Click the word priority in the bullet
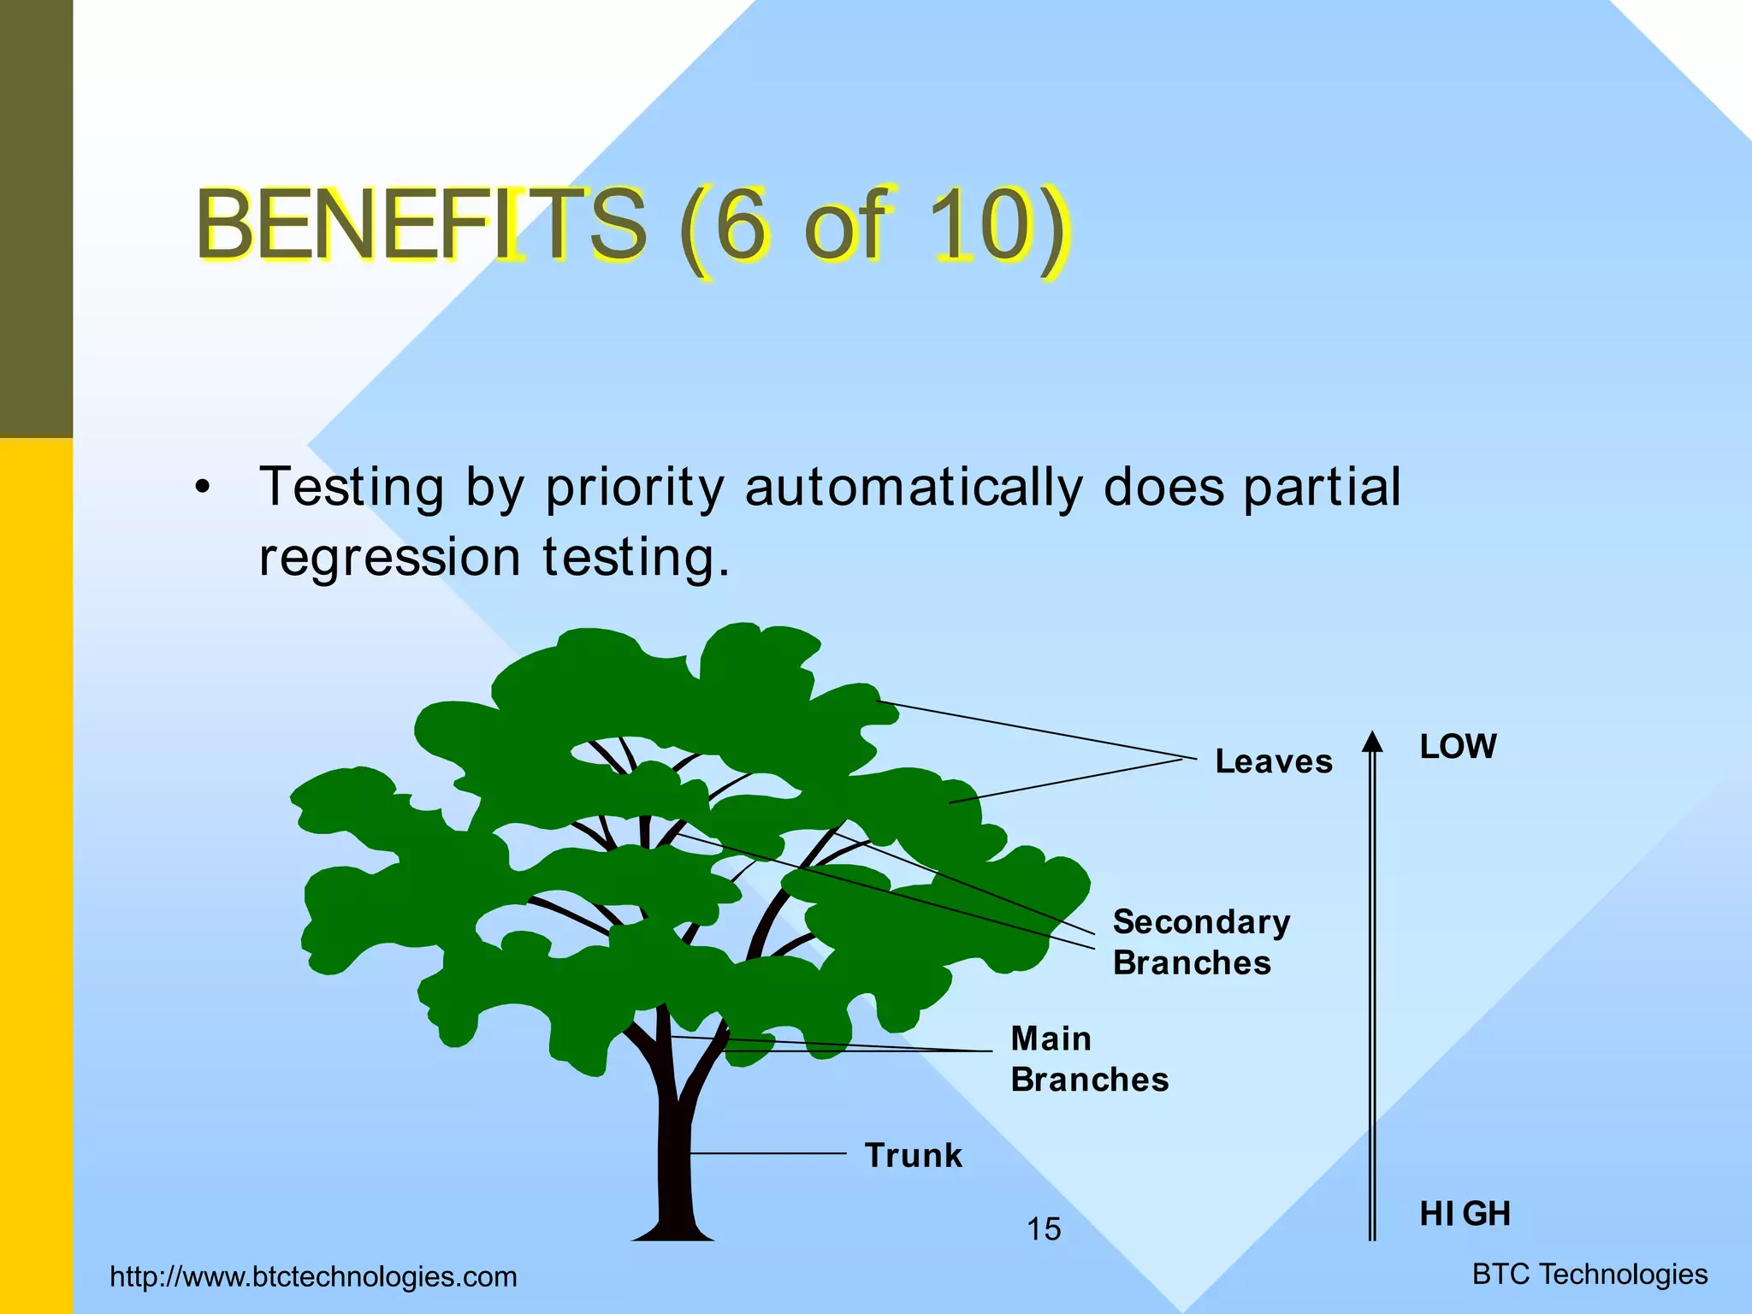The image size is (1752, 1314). (x=635, y=488)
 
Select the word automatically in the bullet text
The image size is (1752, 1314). (x=914, y=488)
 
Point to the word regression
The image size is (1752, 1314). (x=389, y=558)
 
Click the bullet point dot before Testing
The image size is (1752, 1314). (x=202, y=488)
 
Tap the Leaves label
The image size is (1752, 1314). (x=1273, y=761)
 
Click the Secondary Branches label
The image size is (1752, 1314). (x=1200, y=942)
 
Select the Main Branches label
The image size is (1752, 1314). (x=1088, y=1059)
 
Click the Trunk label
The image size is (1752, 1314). (x=913, y=1155)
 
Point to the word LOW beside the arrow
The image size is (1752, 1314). (x=1458, y=747)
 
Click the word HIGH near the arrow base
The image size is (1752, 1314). (x=1465, y=1213)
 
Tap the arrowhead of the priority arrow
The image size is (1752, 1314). (x=1372, y=742)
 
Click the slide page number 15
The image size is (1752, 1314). (x=1044, y=1229)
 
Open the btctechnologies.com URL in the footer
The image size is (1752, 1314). (x=313, y=1276)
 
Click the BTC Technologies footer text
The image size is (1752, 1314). (x=1589, y=1274)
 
